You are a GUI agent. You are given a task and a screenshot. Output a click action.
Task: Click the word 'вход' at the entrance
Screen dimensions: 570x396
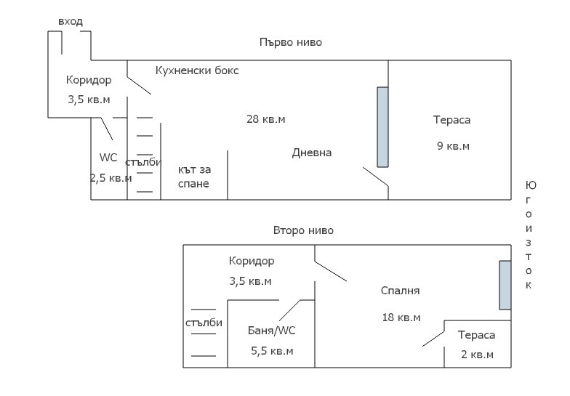point(71,22)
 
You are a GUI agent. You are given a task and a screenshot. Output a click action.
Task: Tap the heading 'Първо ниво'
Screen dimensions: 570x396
point(291,42)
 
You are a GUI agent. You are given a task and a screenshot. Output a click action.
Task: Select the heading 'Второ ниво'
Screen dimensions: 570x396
point(303,230)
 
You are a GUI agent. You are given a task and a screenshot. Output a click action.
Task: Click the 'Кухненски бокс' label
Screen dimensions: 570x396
point(197,70)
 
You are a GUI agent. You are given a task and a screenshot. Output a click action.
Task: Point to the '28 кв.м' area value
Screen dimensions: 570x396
point(266,119)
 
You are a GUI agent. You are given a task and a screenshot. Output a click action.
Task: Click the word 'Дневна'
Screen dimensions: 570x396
point(311,153)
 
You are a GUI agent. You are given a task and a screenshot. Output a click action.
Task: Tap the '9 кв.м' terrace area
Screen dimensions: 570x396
point(453,146)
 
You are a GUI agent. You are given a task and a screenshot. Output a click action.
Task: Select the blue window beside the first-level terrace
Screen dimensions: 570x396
point(382,127)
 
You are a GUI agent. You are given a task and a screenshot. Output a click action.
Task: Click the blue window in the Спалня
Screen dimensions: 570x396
point(505,285)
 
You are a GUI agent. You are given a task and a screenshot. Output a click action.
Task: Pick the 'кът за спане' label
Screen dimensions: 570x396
point(194,177)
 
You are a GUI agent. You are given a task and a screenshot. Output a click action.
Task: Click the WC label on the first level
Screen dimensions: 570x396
point(108,158)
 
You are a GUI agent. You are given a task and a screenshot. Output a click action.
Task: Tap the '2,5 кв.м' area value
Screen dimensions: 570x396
point(111,178)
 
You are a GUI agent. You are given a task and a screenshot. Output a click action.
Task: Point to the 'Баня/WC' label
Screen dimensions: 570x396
point(272,331)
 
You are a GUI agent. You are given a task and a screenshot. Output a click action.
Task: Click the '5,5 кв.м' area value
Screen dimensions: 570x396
point(272,351)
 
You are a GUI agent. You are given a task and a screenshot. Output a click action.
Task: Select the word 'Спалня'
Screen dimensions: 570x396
point(400,291)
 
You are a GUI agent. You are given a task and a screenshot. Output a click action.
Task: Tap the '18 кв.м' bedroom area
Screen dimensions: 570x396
point(401,318)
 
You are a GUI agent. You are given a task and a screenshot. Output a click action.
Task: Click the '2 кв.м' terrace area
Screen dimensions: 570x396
point(477,355)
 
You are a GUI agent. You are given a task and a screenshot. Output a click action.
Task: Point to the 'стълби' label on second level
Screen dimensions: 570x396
point(204,323)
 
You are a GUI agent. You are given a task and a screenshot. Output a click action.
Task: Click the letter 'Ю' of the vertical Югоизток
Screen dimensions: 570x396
point(531,186)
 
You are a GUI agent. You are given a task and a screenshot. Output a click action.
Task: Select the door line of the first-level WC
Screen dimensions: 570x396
point(106,129)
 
